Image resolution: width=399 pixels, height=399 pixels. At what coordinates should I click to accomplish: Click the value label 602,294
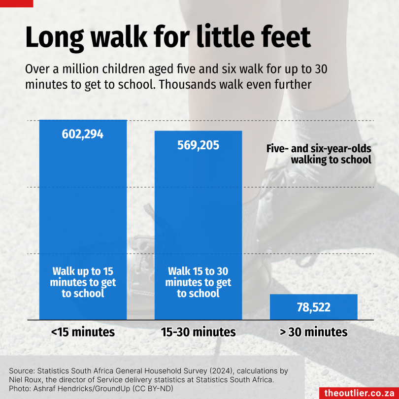coord(83,134)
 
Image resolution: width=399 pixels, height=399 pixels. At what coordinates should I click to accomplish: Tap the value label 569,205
coord(199,145)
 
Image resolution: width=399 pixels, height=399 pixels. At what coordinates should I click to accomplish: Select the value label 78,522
coord(314,308)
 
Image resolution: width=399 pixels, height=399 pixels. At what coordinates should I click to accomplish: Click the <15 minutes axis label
coord(83,332)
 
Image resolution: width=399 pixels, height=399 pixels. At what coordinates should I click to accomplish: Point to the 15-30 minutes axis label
coord(199,332)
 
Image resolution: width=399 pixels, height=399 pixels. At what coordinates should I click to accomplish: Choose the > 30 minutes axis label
coord(314,332)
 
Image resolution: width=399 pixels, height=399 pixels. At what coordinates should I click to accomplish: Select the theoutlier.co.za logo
coord(359,393)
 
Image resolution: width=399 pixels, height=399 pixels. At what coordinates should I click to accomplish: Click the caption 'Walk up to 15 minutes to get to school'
coord(83,282)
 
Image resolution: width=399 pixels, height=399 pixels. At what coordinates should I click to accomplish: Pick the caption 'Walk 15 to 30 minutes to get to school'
coord(199,282)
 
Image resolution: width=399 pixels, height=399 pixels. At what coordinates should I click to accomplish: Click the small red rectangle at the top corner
coord(16,3)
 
